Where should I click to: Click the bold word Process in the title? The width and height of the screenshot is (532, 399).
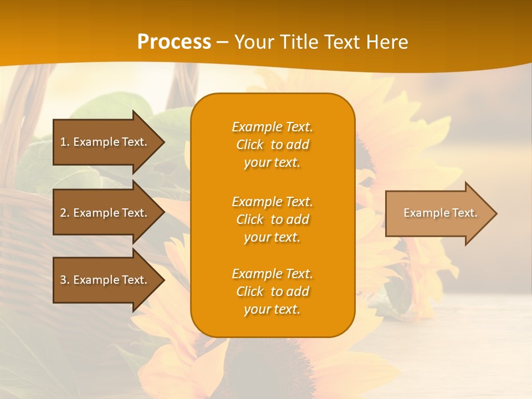pyautogui.click(x=174, y=42)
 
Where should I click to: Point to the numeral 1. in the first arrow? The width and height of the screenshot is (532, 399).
pyautogui.click(x=64, y=142)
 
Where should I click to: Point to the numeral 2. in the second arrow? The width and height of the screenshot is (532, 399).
pyautogui.click(x=64, y=213)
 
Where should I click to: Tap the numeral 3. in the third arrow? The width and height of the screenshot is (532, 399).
pyautogui.click(x=64, y=280)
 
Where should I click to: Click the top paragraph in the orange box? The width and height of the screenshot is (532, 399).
pyautogui.click(x=272, y=145)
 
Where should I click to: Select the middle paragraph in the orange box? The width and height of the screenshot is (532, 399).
pyautogui.click(x=272, y=219)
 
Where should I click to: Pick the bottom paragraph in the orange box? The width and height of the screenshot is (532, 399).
pyautogui.click(x=272, y=291)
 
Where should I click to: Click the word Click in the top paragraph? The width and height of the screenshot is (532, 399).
pyautogui.click(x=249, y=145)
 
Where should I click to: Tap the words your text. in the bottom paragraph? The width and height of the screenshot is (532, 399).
pyautogui.click(x=272, y=310)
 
